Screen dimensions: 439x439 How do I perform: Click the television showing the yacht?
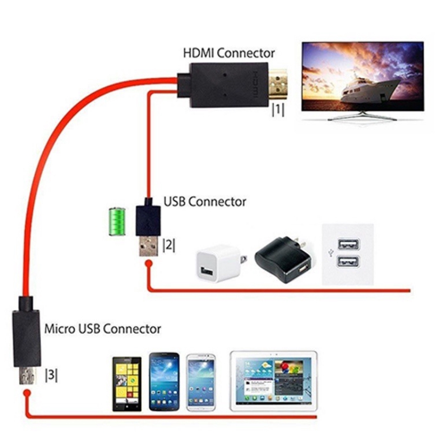pos(362,79)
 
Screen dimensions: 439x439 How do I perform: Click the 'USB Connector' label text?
pos(204,202)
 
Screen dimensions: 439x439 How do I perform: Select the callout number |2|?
pos(169,245)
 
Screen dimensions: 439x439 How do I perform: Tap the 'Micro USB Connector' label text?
pos(102,328)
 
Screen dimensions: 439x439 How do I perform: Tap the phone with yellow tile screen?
pos(127,382)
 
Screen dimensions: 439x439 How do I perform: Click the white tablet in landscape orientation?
pos(273,380)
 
